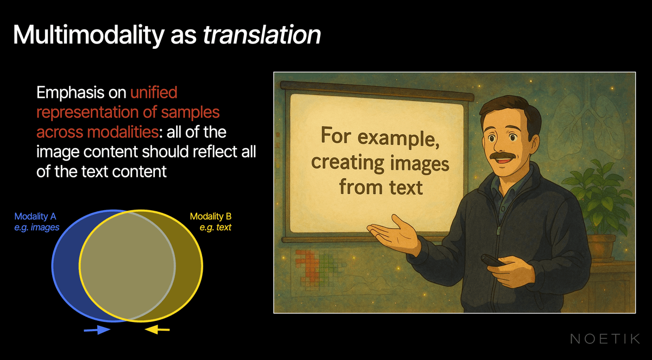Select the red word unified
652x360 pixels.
point(154,92)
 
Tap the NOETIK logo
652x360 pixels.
point(605,339)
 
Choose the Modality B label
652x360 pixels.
point(211,217)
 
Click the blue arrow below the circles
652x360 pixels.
point(97,330)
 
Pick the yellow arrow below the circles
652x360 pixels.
point(158,330)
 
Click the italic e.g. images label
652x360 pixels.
point(37,228)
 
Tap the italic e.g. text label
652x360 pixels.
point(215,228)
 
